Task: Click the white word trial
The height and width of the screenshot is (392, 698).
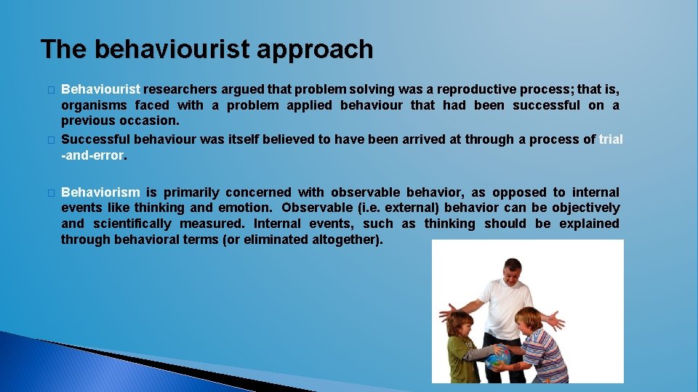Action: point(611,139)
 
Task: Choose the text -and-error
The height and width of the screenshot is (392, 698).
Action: point(95,155)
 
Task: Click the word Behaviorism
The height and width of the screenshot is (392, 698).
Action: point(100,192)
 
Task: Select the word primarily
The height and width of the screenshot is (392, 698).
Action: point(191,192)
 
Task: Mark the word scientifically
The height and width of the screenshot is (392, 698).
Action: point(132,224)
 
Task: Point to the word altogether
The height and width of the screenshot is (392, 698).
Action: point(345,240)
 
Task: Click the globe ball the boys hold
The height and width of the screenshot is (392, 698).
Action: point(498,358)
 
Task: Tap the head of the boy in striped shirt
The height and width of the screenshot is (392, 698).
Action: point(529,319)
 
